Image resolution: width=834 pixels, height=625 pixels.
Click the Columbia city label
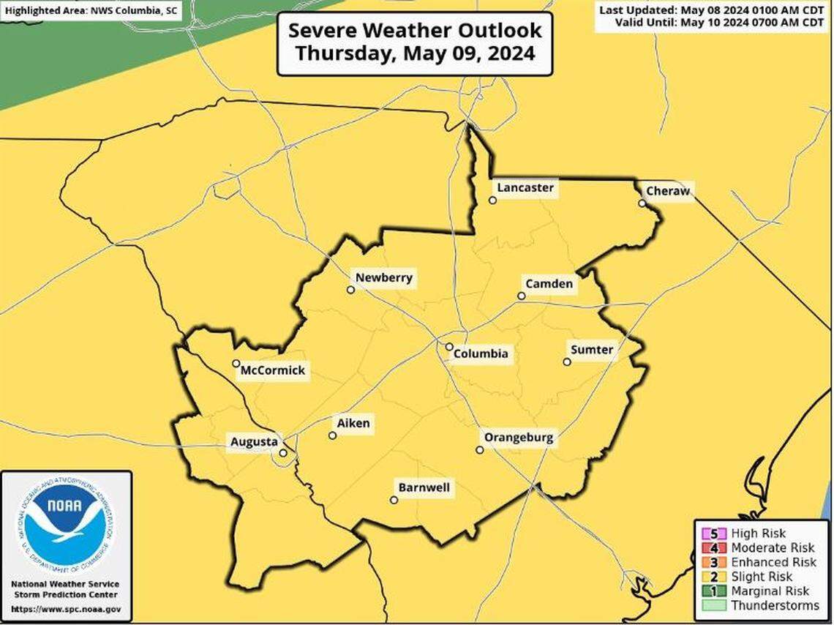(480, 354)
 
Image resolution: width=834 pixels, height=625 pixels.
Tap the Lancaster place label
(525, 187)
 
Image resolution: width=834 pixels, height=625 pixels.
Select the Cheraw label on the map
(667, 191)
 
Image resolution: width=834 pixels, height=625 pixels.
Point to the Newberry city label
(384, 277)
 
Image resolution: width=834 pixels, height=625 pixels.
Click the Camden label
(549, 284)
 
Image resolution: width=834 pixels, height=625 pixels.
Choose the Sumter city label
(592, 350)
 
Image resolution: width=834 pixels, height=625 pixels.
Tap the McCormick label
(272, 371)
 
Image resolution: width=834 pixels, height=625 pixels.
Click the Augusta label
(254, 442)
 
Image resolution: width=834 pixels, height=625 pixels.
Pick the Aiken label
(353, 423)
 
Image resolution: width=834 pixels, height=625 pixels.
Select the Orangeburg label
(518, 438)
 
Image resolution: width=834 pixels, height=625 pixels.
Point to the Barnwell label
(424, 487)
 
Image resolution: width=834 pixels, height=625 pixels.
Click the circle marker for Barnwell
(394, 501)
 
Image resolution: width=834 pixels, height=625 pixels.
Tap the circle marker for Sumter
(567, 362)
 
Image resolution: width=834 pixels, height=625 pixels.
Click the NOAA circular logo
(66, 523)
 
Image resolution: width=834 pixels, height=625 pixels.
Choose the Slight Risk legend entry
(755, 577)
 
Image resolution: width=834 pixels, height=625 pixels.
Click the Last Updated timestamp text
(711, 10)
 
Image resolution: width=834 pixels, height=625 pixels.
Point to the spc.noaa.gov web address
(67, 609)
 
